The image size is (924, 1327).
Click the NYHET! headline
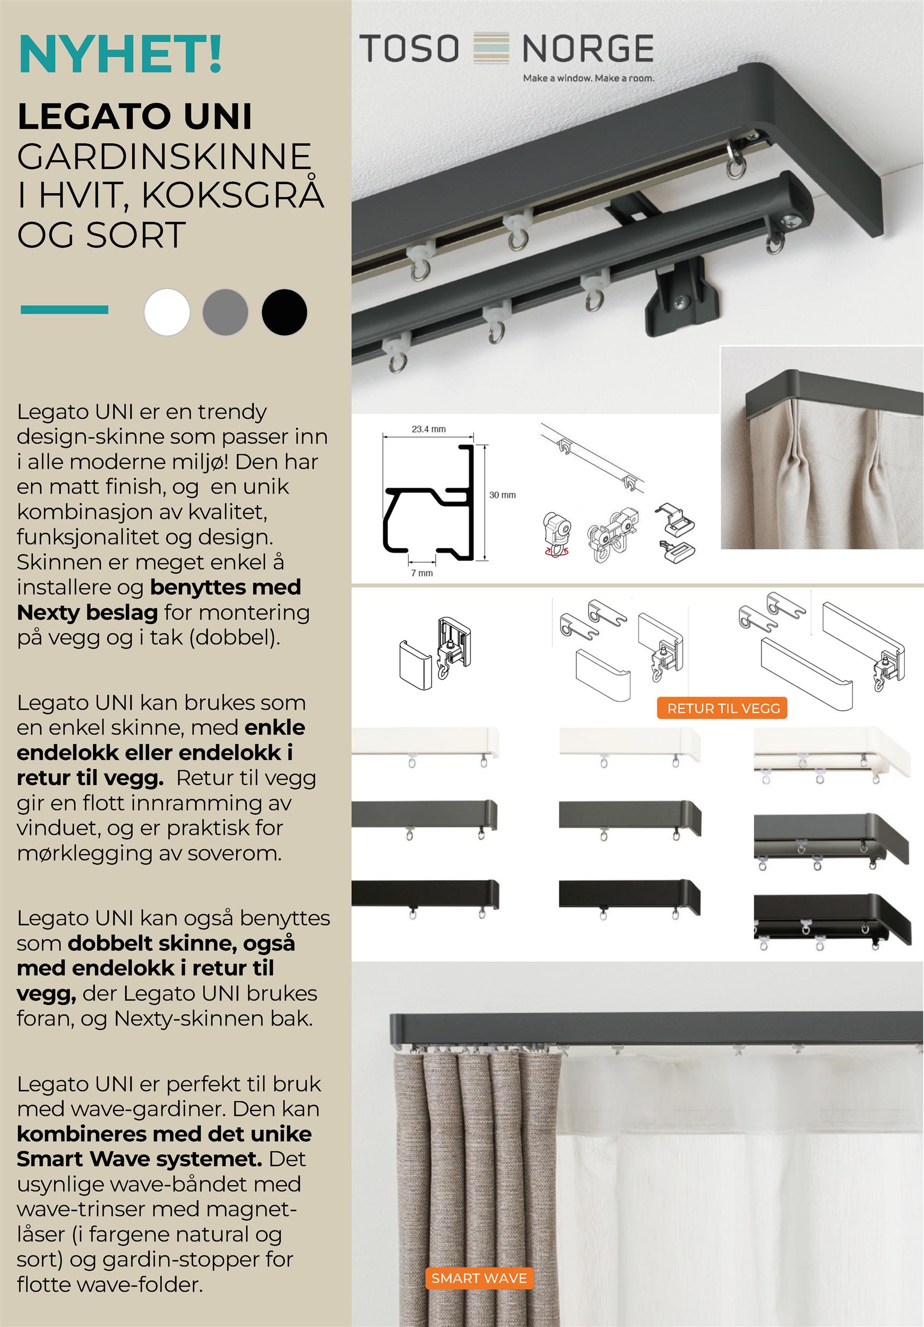(x=120, y=54)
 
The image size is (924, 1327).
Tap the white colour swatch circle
(x=167, y=312)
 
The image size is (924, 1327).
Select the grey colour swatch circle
(x=226, y=312)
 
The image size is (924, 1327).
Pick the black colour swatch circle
(x=284, y=312)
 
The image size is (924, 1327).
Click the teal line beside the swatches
(x=64, y=310)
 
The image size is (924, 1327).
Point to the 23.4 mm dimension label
(x=428, y=429)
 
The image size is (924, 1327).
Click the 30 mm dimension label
(x=502, y=495)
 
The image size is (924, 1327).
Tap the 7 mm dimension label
(x=422, y=573)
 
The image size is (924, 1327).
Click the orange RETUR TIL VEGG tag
(x=723, y=708)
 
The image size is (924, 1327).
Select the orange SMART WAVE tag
(x=479, y=1278)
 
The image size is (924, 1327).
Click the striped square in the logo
(x=491, y=47)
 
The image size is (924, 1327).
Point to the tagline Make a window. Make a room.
(x=588, y=78)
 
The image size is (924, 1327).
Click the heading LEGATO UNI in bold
(x=135, y=116)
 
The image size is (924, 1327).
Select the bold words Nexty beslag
(x=87, y=612)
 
